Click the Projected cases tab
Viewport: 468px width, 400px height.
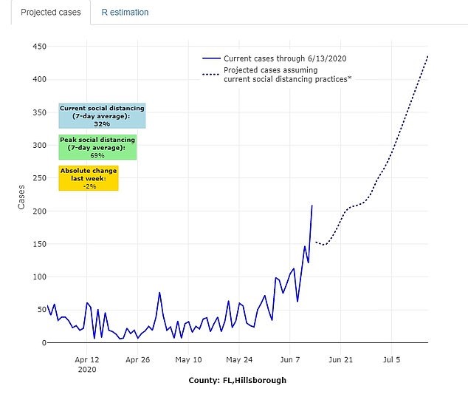pyautogui.click(x=50, y=13)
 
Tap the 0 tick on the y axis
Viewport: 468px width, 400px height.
pyautogui.click(x=43, y=343)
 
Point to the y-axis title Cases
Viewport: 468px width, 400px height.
pyautogui.click(x=22, y=195)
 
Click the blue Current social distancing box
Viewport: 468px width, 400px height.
pyautogui.click(x=102, y=116)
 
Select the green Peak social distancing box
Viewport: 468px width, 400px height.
pyautogui.click(x=97, y=147)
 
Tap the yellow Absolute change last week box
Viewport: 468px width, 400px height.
pyautogui.click(x=89, y=178)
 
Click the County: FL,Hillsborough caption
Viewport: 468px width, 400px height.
pyautogui.click(x=237, y=380)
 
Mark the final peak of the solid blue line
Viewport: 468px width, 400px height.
pyautogui.click(x=312, y=206)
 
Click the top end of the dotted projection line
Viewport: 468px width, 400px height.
pyautogui.click(x=427, y=55)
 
